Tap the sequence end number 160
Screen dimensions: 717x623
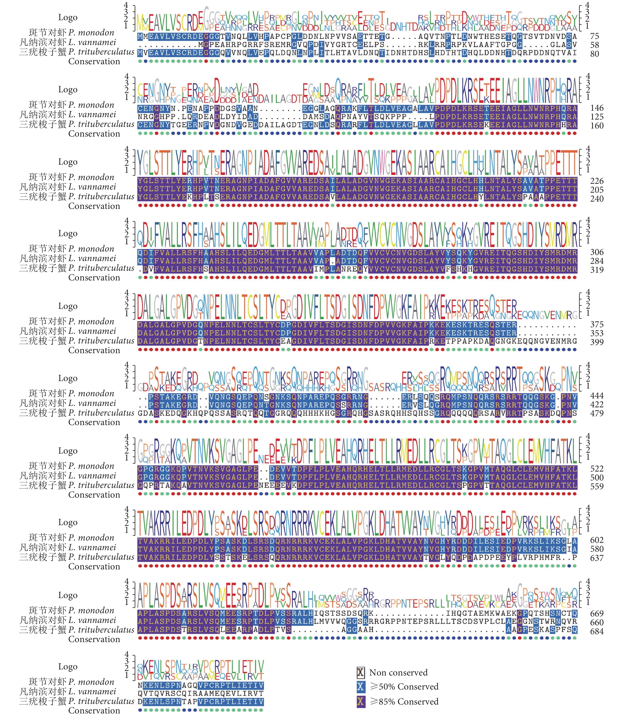[x=596, y=125]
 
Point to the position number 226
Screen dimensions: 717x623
[x=596, y=181]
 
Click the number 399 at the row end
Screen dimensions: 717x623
[x=596, y=342]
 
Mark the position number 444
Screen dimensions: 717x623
[x=596, y=396]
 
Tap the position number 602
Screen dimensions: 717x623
[x=596, y=540]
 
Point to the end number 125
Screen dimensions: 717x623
[x=596, y=117]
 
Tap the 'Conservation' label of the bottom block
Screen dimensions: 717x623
[x=94, y=711]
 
